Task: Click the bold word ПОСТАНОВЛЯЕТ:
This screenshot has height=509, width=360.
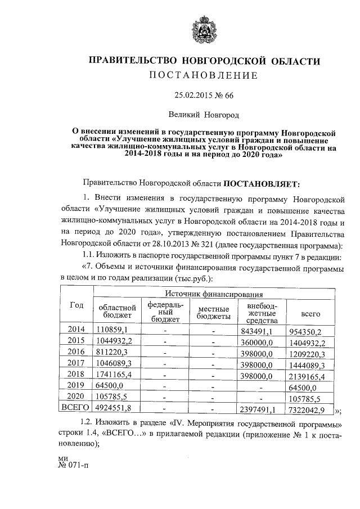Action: [262, 183]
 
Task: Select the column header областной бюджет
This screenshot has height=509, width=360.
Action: [117, 312]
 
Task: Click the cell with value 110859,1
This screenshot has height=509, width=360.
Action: [112, 329]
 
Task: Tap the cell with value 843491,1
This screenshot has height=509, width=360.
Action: [256, 330]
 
